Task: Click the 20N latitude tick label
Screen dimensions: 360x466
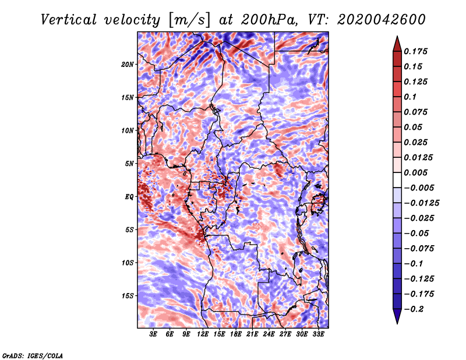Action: coord(128,64)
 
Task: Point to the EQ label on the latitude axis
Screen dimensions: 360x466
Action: coord(129,197)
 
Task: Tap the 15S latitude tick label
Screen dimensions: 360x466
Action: coord(128,296)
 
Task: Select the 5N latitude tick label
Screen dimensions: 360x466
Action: coord(130,164)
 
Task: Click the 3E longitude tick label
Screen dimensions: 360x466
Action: coord(154,334)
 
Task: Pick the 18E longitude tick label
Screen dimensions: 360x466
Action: coord(236,334)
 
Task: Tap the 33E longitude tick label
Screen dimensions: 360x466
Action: coord(318,334)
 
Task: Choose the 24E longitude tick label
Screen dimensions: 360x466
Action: coord(269,334)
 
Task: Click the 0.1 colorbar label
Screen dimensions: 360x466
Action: coord(411,97)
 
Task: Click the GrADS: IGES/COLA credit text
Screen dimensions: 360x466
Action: coord(32,355)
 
